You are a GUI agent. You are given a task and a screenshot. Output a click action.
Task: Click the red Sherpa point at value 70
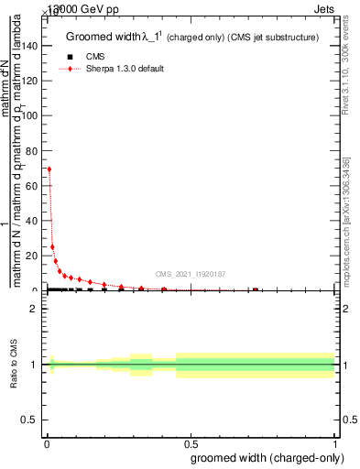click(x=49, y=169)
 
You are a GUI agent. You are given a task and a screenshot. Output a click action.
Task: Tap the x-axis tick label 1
click(x=336, y=443)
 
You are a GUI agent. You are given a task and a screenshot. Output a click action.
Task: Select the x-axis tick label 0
click(x=47, y=443)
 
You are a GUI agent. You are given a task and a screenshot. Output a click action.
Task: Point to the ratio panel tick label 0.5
click(x=30, y=420)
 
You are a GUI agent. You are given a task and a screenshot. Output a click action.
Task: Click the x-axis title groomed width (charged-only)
click(x=266, y=457)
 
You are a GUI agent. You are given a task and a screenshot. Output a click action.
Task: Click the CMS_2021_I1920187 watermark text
click(x=191, y=274)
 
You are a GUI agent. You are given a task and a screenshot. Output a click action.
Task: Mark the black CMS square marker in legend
click(x=71, y=57)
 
